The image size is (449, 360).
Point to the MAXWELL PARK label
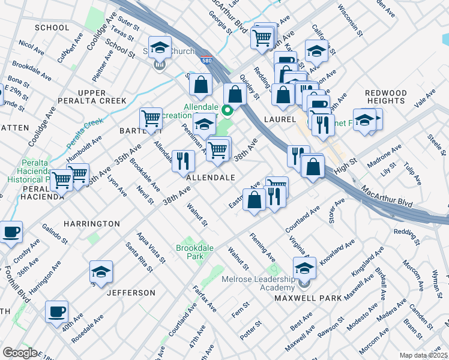[x=309, y=298]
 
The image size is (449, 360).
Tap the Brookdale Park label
[x=191, y=251]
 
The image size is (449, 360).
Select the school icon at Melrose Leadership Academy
[x=304, y=267]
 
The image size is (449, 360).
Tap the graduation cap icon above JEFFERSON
[x=101, y=272]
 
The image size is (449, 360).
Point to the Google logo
[x=20, y=353]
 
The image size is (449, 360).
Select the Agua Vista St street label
[x=150, y=248]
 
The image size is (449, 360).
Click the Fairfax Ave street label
[x=204, y=298]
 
